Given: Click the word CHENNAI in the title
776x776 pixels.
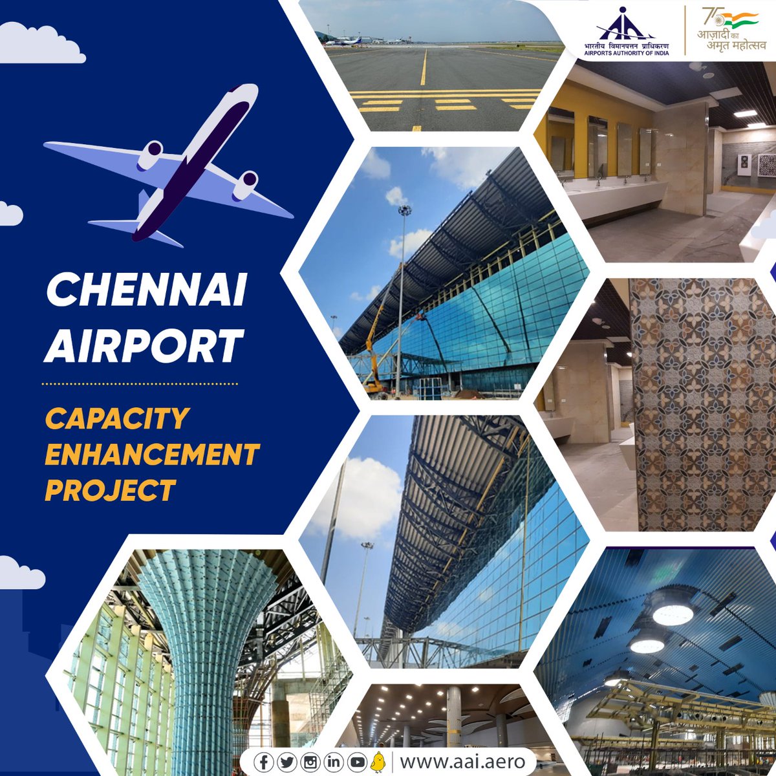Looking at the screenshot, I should (145, 292).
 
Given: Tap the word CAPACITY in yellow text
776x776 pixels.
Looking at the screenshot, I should (117, 420).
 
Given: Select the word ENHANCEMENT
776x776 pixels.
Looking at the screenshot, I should (152, 455).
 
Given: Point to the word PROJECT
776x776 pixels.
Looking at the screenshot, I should (110, 490).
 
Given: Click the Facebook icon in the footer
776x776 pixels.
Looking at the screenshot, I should (263, 762).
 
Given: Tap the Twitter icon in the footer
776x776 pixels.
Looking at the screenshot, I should (286, 762).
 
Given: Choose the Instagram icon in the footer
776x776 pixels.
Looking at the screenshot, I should (310, 762).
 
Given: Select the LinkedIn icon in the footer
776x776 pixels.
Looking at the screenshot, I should (334, 762).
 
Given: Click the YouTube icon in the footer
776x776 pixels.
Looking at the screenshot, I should (357, 762).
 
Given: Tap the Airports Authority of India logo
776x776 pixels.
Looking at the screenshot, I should (624, 32).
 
